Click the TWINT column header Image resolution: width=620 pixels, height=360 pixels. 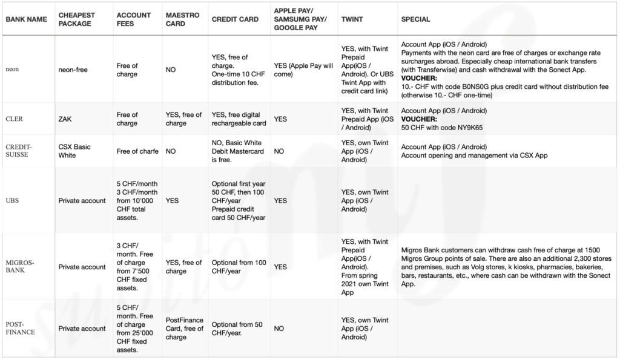[352, 19]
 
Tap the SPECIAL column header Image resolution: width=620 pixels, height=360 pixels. [415, 19]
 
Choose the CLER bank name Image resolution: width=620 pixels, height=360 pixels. [15, 119]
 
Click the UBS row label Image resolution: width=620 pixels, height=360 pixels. [13, 200]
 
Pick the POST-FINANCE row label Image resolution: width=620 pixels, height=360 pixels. [21, 329]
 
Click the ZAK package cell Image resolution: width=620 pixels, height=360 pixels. [65, 119]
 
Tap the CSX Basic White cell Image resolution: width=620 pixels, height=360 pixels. [76, 151]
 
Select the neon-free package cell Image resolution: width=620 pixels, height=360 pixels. [73, 70]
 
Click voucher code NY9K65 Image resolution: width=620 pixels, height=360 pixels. [481, 128]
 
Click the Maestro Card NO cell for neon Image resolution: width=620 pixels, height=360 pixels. [171, 70]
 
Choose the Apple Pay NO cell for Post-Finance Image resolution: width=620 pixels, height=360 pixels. [280, 329]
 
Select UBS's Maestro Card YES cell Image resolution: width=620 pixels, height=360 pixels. [173, 200]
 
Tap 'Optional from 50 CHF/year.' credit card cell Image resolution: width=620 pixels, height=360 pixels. [237, 329]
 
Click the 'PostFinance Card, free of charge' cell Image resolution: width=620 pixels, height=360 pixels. [184, 329]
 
